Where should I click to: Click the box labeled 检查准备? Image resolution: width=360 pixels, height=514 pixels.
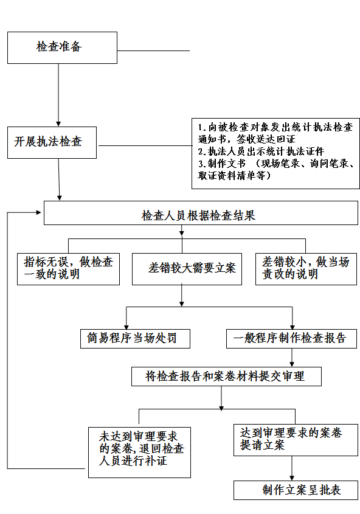62,47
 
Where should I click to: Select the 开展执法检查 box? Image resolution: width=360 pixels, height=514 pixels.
52,142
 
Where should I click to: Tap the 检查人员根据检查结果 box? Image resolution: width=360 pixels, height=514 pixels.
201,213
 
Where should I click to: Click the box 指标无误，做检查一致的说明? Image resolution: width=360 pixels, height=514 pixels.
68,269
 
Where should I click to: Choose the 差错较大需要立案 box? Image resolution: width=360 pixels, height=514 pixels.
187,269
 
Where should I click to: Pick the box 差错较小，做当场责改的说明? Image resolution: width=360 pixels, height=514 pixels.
306,269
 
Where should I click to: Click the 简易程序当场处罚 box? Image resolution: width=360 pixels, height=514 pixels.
135,339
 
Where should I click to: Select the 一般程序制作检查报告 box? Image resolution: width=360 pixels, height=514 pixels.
291,339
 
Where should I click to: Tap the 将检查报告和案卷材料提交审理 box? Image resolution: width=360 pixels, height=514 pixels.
226,377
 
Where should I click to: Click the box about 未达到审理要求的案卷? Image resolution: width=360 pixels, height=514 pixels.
139,452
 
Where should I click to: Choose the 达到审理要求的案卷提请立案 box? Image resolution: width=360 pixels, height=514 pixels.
296,440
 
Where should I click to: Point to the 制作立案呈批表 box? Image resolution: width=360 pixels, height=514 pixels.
296,490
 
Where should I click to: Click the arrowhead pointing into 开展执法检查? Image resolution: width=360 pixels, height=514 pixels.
58,124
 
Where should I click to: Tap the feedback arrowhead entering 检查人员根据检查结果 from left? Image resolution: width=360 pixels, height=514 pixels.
39,212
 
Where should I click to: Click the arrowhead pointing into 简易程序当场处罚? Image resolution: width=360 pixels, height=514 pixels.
126,327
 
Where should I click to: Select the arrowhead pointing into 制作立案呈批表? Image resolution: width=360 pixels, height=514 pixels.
292,478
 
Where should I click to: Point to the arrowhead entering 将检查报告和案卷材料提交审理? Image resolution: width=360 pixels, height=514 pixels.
292,364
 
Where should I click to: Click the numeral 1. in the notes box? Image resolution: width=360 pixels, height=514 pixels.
202,128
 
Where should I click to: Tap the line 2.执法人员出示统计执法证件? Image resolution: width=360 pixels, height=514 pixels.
261,151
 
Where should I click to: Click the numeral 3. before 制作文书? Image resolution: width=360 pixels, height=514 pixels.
202,164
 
